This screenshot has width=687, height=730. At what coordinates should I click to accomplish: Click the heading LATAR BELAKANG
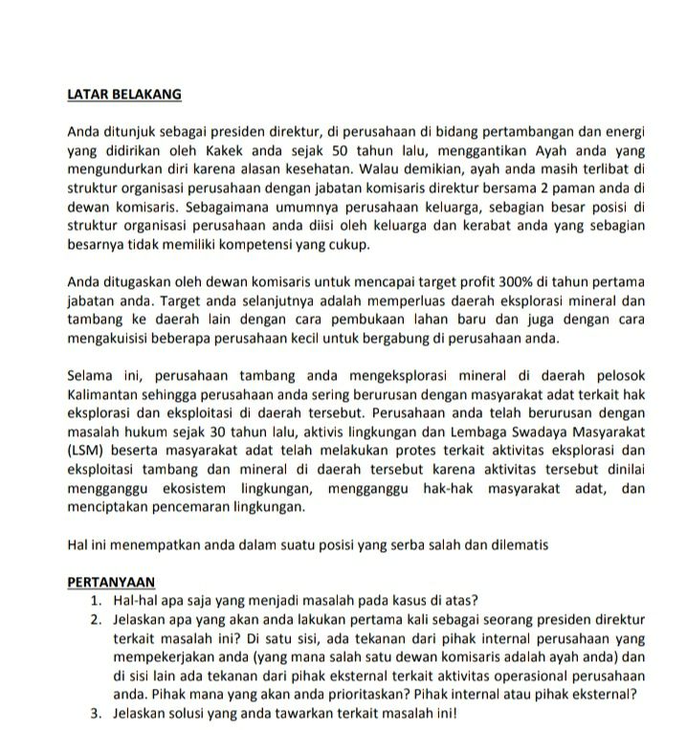tap(124, 95)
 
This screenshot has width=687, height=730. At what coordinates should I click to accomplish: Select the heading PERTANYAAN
tap(111, 581)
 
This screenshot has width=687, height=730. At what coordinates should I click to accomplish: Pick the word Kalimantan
tap(108, 394)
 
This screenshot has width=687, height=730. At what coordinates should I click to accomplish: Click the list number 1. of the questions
tap(97, 599)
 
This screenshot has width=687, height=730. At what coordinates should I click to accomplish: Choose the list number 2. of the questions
tap(97, 618)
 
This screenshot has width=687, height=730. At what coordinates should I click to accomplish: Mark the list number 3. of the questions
tap(97, 713)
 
